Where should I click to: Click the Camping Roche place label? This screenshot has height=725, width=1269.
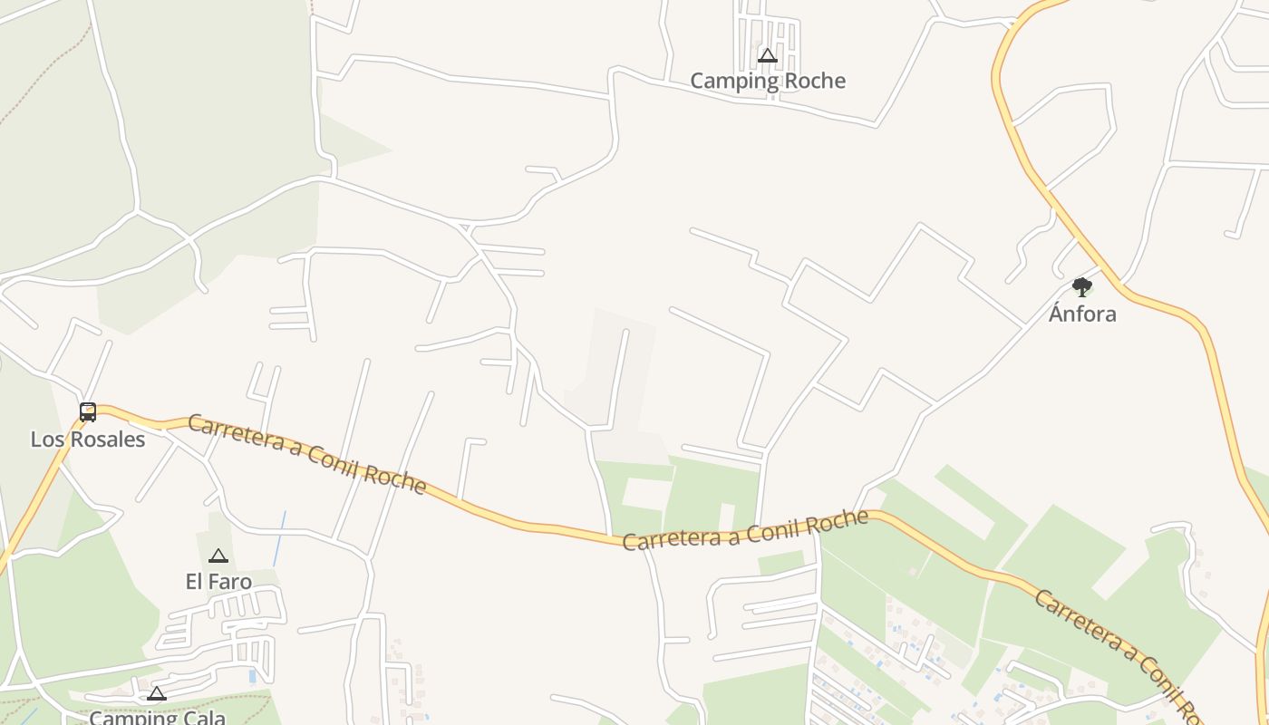[x=768, y=81]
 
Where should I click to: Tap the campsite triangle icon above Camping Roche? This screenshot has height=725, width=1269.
[x=768, y=56]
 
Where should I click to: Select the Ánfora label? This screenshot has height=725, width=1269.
[x=1082, y=314]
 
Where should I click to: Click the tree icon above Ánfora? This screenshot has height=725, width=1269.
[x=1082, y=287]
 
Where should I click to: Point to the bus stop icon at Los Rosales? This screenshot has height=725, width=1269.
[x=88, y=412]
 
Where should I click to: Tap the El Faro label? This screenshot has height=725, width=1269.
[x=218, y=581]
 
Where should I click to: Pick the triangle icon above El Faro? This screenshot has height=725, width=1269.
[x=218, y=556]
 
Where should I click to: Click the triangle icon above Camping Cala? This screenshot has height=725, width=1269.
[x=157, y=694]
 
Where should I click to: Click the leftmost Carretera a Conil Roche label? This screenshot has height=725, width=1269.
[x=307, y=455]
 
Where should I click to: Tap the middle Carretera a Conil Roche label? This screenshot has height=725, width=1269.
[x=745, y=530]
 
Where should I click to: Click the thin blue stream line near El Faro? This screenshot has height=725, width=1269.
[x=279, y=539]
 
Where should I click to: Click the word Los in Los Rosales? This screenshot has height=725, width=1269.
[x=47, y=440]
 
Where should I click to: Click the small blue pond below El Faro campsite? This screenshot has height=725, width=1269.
[x=252, y=675]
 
